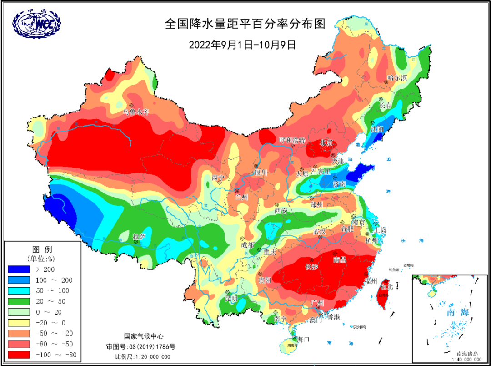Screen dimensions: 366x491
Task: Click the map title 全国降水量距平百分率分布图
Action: click(245, 24)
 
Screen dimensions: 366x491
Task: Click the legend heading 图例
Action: click(42, 249)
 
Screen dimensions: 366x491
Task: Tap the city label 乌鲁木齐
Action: click(136, 112)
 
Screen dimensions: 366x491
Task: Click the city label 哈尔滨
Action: click(397, 78)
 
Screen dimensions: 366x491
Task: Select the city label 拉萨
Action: click(139, 237)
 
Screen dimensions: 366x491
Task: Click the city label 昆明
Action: click(231, 299)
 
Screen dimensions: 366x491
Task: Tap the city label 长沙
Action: click(312, 267)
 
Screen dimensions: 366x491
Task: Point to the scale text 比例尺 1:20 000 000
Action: click(142, 356)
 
